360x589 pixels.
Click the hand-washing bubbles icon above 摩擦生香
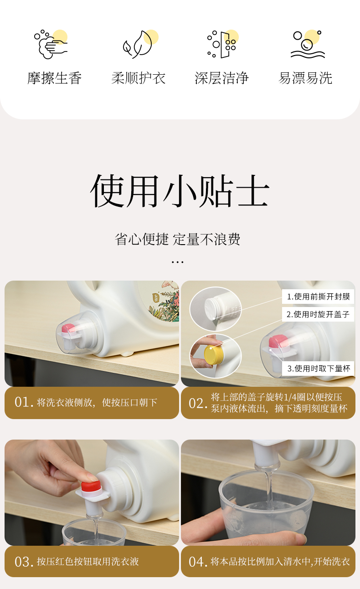(51, 44)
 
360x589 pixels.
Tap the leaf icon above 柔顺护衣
(140, 44)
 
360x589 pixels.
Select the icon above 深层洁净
(222, 44)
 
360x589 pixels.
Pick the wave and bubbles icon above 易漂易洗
(308, 44)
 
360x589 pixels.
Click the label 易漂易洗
(305, 78)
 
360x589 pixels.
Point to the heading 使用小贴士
(180, 191)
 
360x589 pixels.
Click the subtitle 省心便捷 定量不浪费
(178, 239)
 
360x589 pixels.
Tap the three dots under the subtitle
(178, 262)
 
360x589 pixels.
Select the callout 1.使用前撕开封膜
(318, 297)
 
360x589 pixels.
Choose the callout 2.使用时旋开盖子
(318, 314)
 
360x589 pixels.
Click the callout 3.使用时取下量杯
(319, 369)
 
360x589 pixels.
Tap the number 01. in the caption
(24, 402)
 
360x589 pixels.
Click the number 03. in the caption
(24, 562)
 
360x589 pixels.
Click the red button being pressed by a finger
(91, 486)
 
